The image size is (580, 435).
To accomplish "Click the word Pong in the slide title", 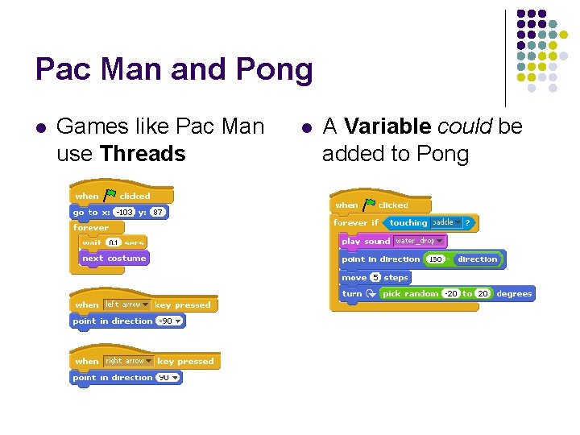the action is [275, 70].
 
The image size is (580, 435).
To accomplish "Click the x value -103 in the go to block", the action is [123, 212].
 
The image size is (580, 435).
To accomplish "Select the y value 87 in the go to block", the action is [158, 212].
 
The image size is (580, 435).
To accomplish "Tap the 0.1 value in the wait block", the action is [114, 242].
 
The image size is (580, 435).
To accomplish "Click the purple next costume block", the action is [114, 259].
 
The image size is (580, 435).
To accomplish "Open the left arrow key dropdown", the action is [127, 304].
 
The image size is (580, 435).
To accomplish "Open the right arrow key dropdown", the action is [129, 361].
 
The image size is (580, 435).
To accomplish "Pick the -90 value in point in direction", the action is [168, 321].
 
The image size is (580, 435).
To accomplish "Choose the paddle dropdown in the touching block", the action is [447, 222].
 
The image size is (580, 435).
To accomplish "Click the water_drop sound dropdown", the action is [419, 241].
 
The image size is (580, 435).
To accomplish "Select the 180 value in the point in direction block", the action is [436, 259].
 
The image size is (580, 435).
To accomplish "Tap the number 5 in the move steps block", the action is [375, 277].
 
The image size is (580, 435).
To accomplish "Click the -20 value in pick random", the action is [451, 294].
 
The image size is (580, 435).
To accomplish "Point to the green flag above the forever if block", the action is [369, 205].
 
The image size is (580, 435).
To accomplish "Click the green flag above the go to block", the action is [110, 195].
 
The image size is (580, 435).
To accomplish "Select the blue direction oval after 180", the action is [477, 259].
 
